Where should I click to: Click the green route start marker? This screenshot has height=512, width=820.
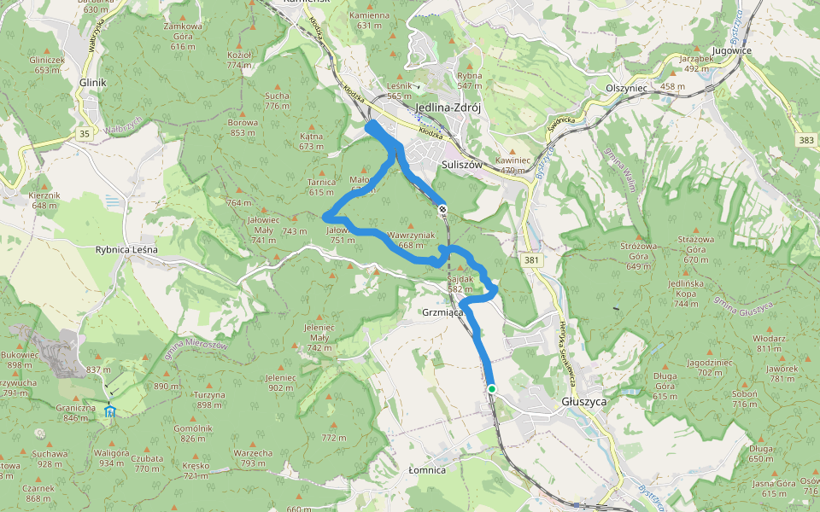click(x=492, y=389)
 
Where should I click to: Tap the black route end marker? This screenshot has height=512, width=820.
click(x=442, y=209)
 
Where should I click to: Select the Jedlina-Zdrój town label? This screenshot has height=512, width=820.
click(x=448, y=108)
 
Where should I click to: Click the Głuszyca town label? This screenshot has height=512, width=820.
click(x=585, y=401)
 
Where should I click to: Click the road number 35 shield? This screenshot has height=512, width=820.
click(x=84, y=134)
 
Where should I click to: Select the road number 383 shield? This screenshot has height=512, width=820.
click(x=805, y=139)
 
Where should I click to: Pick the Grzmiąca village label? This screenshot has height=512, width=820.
click(x=442, y=312)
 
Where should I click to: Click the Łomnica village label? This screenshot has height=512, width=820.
click(x=427, y=469)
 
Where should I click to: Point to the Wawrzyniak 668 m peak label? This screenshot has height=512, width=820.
click(x=411, y=240)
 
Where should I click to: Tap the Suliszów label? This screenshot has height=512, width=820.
click(x=464, y=165)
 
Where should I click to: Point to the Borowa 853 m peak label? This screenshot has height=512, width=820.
click(x=243, y=127)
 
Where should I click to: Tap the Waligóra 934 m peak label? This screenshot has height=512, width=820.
click(x=111, y=457)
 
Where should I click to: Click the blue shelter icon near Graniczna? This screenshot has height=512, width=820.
click(x=108, y=412)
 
